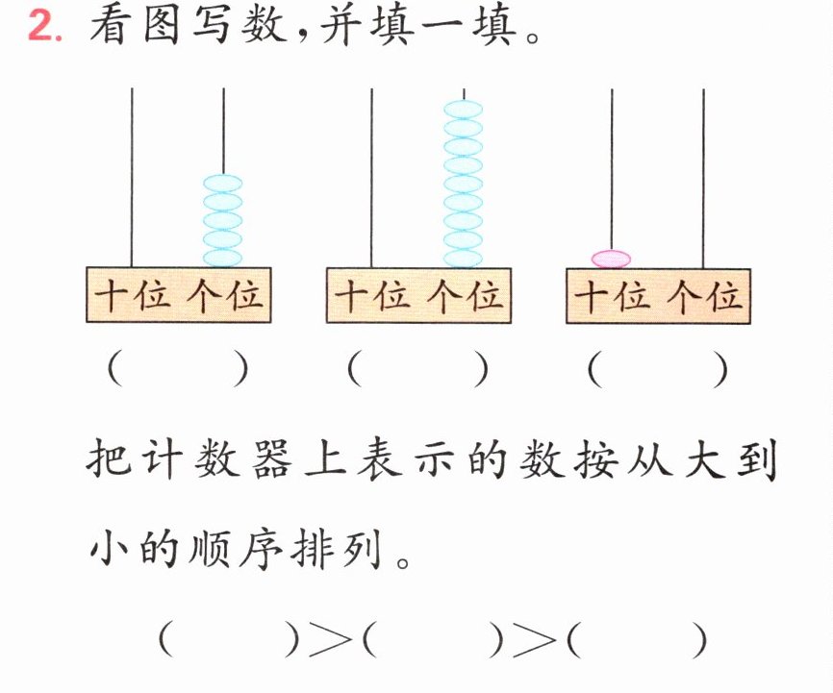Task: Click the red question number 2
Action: point(44,26)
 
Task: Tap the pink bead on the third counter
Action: point(612,260)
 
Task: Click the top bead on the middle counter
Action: point(464,110)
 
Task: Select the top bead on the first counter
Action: point(223,184)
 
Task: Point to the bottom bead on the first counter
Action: point(223,258)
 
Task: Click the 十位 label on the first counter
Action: point(133,295)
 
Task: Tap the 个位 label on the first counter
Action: point(225,295)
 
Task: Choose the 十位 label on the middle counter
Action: point(373,295)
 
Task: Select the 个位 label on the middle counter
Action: point(465,295)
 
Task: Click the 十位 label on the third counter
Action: point(613,296)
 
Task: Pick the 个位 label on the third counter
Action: point(704,296)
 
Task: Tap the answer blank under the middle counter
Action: point(417,370)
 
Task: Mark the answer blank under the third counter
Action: point(658,370)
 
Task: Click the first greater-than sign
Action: point(331,638)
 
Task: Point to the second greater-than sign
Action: point(534,638)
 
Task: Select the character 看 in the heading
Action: point(111,26)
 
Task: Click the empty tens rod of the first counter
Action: point(132,178)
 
